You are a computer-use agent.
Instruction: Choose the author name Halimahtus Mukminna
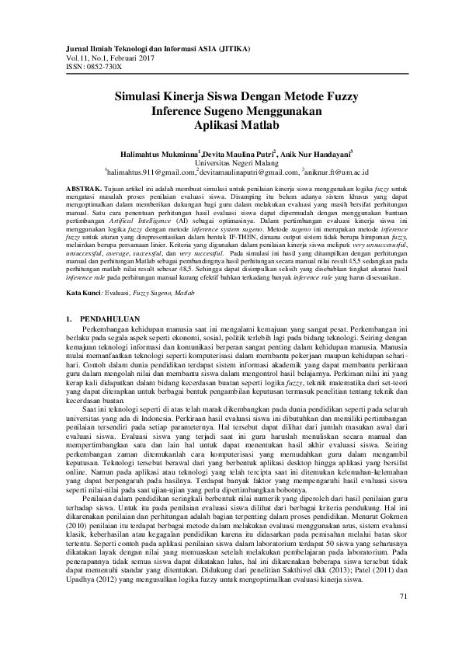(155, 154)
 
